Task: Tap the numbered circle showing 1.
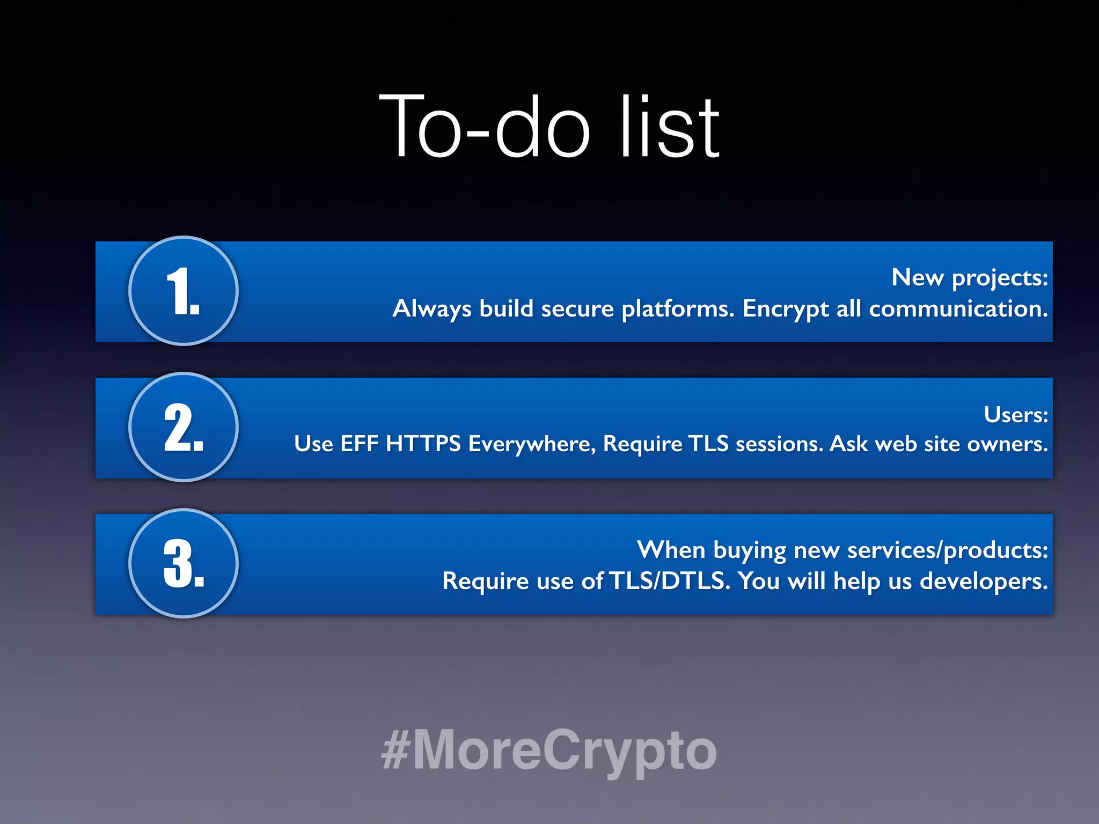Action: coord(184,291)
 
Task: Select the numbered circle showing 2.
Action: coord(184,427)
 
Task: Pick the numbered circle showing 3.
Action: coord(184,563)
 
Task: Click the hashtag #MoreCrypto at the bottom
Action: coord(549,750)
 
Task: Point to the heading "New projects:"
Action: coord(969,278)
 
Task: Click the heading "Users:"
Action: coord(1015,415)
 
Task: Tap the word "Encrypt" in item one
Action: coord(785,310)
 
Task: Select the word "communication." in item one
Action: coord(958,309)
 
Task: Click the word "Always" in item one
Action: coord(432,310)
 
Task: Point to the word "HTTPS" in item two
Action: coord(423,444)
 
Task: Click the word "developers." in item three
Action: coord(983,582)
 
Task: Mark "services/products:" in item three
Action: coord(948,550)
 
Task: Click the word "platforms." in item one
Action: coord(678,310)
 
